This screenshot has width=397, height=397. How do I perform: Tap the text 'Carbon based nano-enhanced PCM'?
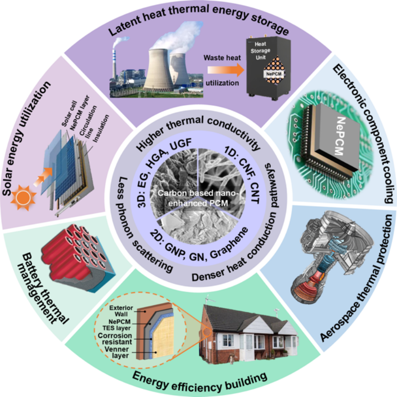199,199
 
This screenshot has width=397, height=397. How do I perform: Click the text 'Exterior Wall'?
120,309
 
